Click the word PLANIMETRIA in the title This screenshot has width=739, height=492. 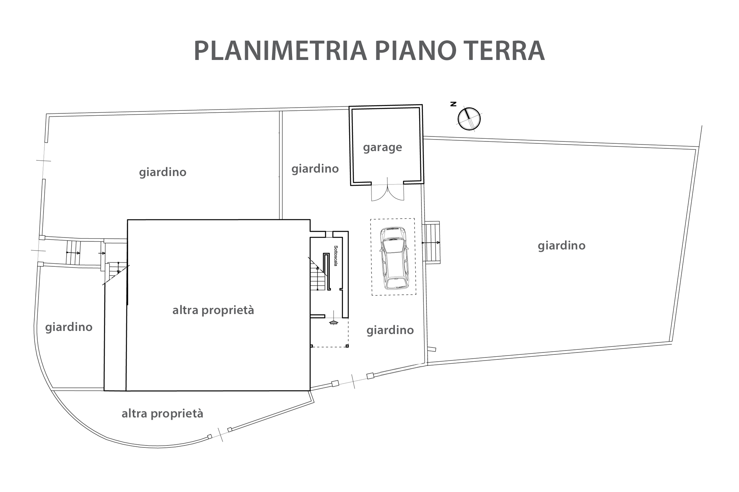(x=281, y=50)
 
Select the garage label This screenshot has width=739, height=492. (x=383, y=148)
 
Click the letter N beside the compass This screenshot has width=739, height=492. (x=453, y=104)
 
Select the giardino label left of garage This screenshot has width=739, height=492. (x=315, y=169)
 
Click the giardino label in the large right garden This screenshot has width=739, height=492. (x=562, y=246)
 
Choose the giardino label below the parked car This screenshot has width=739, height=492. (x=390, y=330)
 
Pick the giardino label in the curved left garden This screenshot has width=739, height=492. (x=69, y=327)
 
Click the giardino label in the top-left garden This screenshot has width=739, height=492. (x=163, y=172)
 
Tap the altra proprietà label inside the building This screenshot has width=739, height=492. (x=213, y=310)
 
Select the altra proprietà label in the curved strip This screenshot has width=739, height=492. (x=162, y=414)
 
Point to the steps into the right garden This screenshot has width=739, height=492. (x=431, y=242)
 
